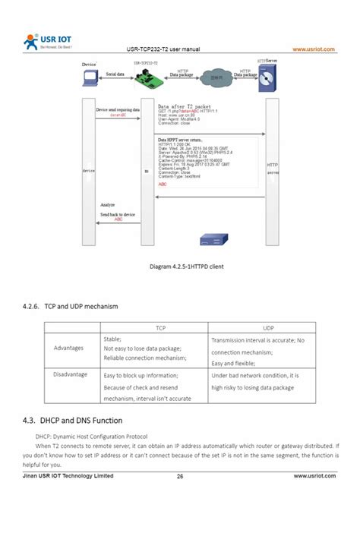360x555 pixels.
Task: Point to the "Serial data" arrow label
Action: click(x=115, y=74)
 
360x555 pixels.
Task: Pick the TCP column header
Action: click(x=161, y=328)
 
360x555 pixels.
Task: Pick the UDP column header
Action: click(x=268, y=328)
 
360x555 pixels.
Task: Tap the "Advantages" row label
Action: click(x=68, y=348)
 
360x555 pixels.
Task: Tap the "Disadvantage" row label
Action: click(x=70, y=374)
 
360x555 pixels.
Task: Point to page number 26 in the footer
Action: click(x=180, y=476)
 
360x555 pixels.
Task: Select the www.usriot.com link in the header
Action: click(x=314, y=50)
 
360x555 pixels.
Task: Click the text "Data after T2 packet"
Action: click(x=184, y=106)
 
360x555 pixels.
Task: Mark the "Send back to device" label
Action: click(x=118, y=215)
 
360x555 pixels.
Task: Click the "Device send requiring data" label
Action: click(x=118, y=110)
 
